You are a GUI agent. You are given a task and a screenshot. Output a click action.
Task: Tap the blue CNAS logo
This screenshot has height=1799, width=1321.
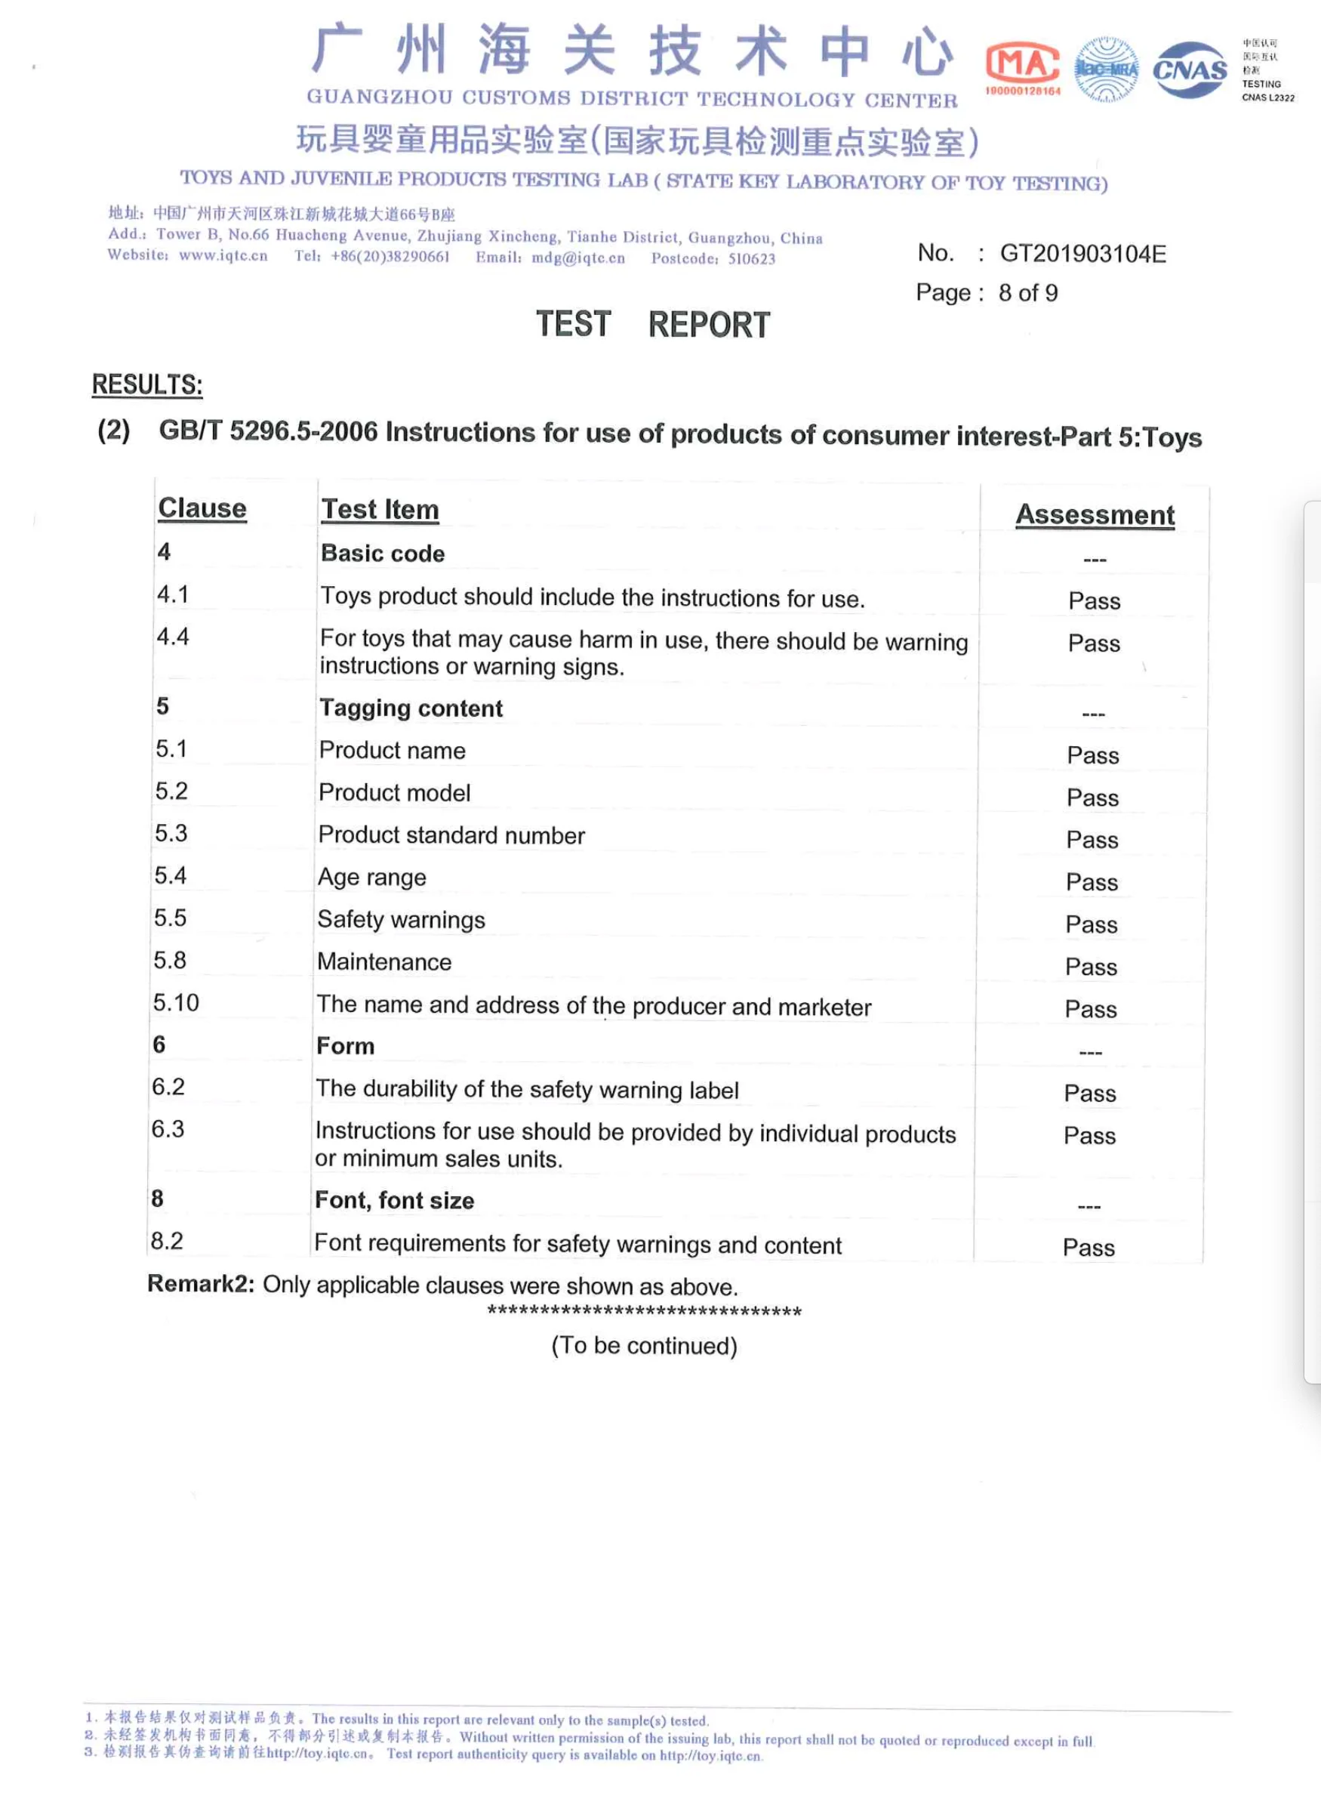tap(1189, 70)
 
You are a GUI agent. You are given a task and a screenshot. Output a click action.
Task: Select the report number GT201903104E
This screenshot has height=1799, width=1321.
tap(1082, 254)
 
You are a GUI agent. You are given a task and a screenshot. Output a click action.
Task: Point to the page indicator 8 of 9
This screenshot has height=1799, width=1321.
tap(1027, 293)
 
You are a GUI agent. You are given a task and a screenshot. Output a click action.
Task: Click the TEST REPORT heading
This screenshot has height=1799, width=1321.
tap(652, 324)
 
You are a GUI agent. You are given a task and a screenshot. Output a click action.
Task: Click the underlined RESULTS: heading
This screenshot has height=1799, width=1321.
tap(147, 384)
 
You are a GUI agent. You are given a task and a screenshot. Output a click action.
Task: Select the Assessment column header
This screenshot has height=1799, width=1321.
tap(1095, 514)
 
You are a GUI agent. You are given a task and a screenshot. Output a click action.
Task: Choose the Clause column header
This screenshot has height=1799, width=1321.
tap(202, 508)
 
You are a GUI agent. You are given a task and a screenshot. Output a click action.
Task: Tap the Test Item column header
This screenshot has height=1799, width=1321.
tap(380, 510)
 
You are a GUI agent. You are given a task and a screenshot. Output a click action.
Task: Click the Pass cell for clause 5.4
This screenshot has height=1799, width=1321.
tap(1092, 881)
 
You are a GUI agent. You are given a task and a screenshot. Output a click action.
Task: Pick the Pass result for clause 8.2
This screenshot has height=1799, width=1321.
tap(1089, 1247)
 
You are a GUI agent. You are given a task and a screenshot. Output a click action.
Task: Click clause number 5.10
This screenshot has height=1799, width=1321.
tap(176, 1002)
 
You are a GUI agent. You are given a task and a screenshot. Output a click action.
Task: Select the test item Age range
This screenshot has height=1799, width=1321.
tap(372, 878)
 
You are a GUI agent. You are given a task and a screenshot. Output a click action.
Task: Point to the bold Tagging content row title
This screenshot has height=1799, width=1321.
tap(411, 708)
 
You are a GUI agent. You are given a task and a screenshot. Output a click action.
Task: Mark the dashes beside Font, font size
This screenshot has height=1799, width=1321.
tap(1089, 1206)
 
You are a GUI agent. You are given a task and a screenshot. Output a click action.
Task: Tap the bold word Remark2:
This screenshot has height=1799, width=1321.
tap(201, 1284)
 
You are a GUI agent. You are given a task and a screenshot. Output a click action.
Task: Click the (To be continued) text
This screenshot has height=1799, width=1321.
tap(644, 1345)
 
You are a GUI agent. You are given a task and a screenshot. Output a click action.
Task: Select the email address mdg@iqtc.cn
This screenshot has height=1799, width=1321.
tap(578, 258)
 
